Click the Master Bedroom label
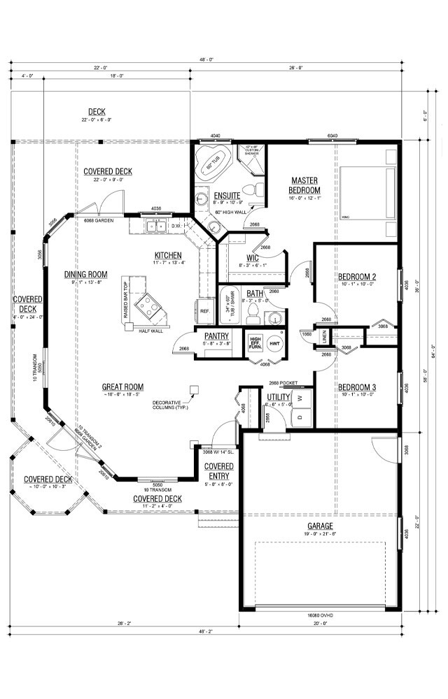click(x=305, y=185)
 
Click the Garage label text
click(x=319, y=526)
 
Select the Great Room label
click(x=122, y=387)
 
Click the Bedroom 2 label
click(x=357, y=276)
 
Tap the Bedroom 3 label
click(x=357, y=388)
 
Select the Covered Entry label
click(x=218, y=470)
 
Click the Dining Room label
click(x=85, y=275)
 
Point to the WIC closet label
click(x=253, y=258)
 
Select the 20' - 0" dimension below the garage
click(x=321, y=624)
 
